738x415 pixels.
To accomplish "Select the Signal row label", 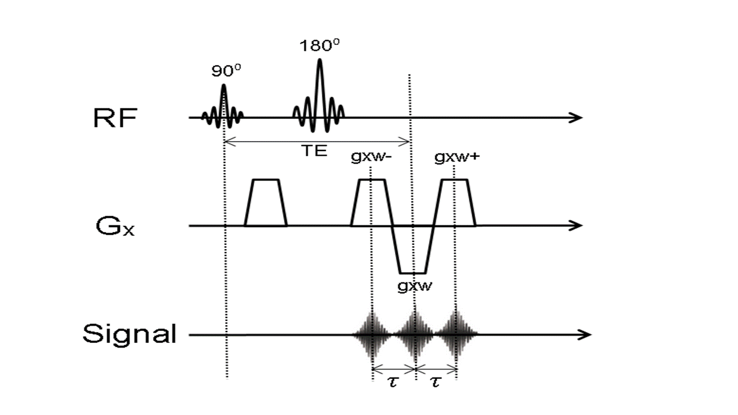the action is [x=129, y=334].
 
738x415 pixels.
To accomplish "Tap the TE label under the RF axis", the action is [x=314, y=151].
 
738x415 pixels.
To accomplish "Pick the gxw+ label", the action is [x=454, y=157].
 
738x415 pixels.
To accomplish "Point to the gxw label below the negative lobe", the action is [x=413, y=286].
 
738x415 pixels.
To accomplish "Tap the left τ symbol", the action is [x=393, y=382].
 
